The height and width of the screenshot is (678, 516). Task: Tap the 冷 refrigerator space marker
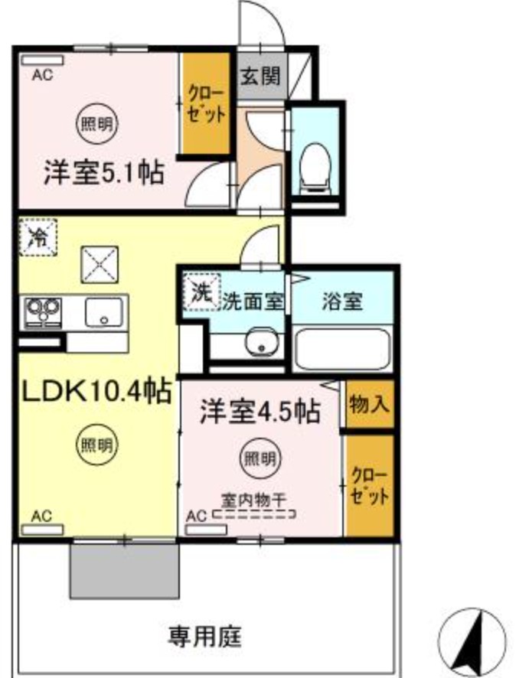(x=38, y=235)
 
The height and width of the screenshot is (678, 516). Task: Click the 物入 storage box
(x=369, y=404)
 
